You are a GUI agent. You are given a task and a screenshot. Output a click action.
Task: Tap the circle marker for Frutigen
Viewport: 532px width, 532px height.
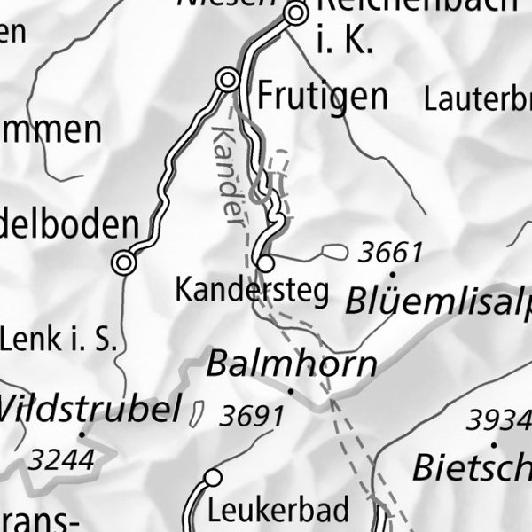pyautogui.click(x=229, y=81)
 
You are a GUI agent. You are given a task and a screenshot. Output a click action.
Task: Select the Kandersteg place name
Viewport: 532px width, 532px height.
pyautogui.click(x=253, y=289)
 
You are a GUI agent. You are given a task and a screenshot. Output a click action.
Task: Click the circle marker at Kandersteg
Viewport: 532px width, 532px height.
pyautogui.click(x=264, y=263)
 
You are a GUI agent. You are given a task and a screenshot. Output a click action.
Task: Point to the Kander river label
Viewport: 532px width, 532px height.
pyautogui.click(x=226, y=175)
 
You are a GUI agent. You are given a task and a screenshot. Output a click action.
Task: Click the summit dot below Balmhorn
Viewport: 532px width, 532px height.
pyautogui.click(x=290, y=389)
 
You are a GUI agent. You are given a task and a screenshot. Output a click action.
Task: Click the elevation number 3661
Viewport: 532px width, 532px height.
pyautogui.click(x=390, y=254)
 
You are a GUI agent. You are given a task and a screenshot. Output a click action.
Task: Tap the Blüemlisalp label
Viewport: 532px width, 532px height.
pyautogui.click(x=439, y=303)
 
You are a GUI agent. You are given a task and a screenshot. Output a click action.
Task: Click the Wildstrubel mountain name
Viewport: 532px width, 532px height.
pyautogui.click(x=89, y=410)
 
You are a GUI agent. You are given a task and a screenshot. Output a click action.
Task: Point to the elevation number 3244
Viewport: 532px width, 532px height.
pyautogui.click(x=60, y=459)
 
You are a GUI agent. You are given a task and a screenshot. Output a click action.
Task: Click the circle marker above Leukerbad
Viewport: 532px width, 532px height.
pyautogui.click(x=212, y=479)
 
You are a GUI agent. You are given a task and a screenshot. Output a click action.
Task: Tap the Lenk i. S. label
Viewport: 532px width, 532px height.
pyautogui.click(x=59, y=339)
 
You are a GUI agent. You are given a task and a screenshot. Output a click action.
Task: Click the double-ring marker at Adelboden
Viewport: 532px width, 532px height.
pyautogui.click(x=124, y=262)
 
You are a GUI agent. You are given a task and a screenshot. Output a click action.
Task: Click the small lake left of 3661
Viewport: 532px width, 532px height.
pyautogui.click(x=334, y=253)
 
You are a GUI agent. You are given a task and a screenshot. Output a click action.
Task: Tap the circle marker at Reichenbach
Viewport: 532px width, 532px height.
pyautogui.click(x=296, y=13)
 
